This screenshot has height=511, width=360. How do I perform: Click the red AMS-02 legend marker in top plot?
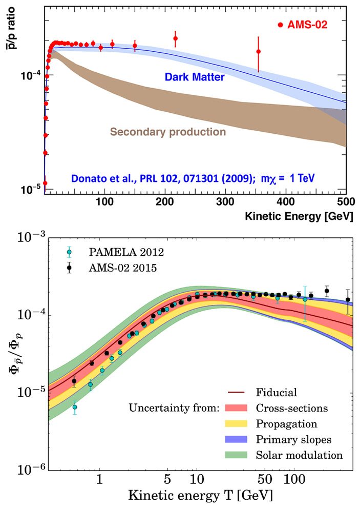pyautogui.click(x=280, y=25)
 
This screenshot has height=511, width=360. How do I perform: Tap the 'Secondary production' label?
pyautogui.click(x=167, y=132)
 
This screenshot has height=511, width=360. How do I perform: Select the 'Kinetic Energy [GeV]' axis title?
pyautogui.click(x=305, y=216)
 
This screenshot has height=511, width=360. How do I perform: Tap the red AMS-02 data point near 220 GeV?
pyautogui.click(x=176, y=38)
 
